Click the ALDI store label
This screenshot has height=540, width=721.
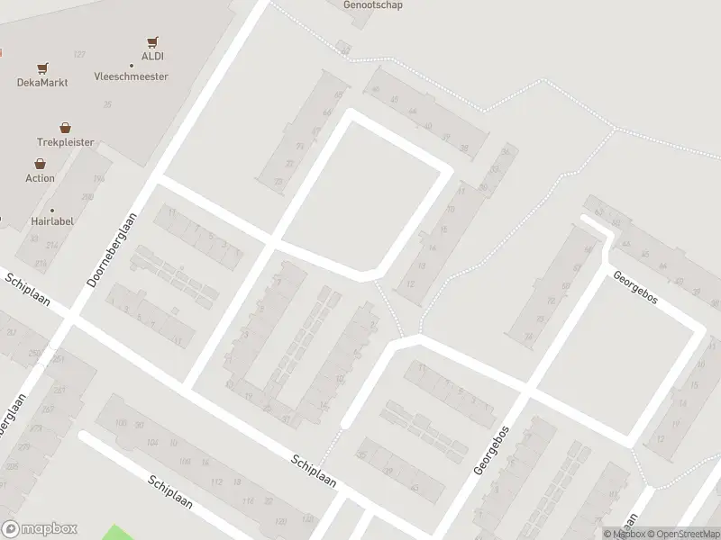152,56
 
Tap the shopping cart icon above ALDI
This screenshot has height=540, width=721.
152,42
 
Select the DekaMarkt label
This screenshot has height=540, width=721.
42,82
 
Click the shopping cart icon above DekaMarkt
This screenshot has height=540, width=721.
42,68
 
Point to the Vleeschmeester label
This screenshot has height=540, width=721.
131,76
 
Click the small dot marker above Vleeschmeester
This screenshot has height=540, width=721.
131,66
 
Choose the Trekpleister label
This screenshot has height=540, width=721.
65,142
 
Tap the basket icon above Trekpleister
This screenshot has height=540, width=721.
65,128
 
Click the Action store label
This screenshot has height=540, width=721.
40,178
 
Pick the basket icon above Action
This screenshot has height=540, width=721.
40,164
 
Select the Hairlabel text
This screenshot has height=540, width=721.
51,220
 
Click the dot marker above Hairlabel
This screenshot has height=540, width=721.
51,211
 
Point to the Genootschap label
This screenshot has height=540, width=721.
372,4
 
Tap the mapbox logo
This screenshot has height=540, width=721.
40,529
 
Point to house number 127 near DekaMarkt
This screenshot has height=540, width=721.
79,55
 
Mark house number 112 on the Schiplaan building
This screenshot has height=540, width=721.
215,481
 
